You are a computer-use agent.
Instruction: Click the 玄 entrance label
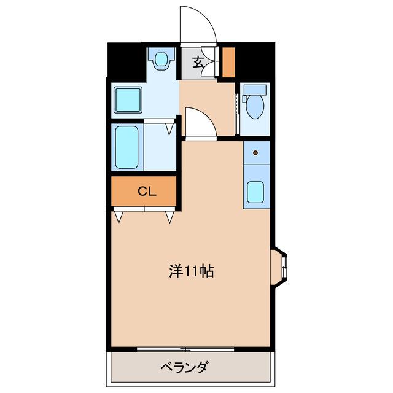[x=198, y=61]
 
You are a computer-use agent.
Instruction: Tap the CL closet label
[x=147, y=191]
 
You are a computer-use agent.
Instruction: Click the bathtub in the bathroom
[x=126, y=148]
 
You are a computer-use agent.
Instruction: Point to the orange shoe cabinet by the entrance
[x=228, y=61]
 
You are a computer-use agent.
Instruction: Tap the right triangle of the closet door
[x=170, y=216]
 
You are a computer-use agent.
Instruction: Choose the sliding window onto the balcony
[x=185, y=349]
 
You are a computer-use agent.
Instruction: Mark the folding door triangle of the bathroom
[x=169, y=129]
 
